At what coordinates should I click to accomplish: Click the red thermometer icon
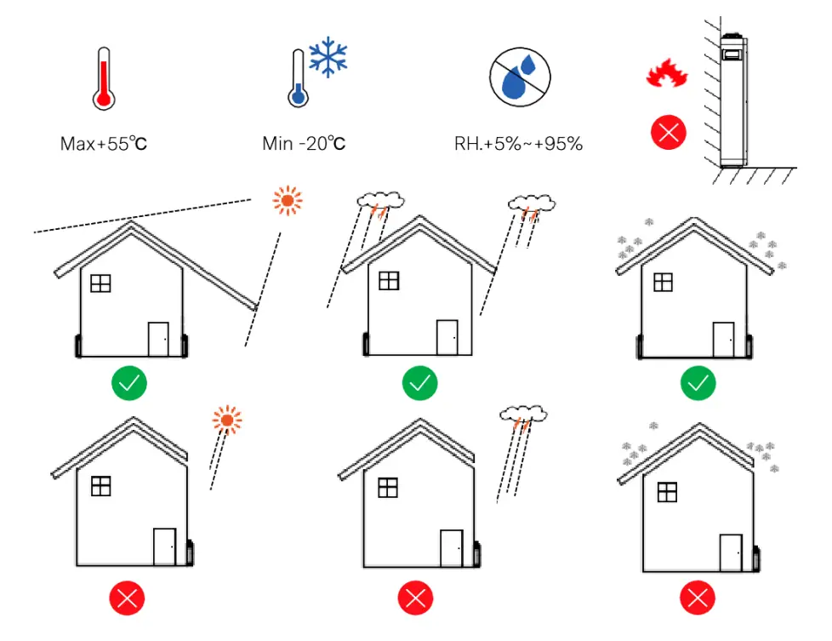(104, 81)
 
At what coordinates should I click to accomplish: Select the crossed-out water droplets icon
(519, 77)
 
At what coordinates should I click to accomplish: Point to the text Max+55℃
(104, 144)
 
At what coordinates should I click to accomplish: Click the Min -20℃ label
(304, 144)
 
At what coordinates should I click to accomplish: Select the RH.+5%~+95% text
(519, 144)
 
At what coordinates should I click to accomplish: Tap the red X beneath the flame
(668, 133)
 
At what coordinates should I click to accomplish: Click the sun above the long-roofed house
(288, 201)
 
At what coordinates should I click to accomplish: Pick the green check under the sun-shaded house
(128, 385)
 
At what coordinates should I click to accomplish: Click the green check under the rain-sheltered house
(419, 385)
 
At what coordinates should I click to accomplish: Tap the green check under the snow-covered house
(698, 385)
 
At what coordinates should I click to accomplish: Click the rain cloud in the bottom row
(522, 416)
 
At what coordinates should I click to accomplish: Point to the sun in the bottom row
(227, 420)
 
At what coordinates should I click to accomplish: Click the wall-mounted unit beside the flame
(732, 100)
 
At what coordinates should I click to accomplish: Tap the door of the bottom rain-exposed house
(452, 547)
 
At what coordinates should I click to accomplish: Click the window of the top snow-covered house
(663, 282)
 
